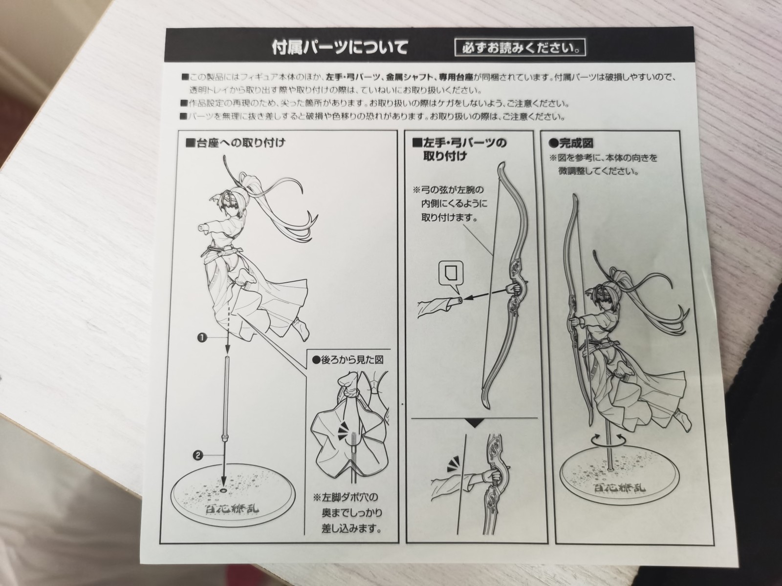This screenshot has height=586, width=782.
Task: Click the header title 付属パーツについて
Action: tap(339, 48)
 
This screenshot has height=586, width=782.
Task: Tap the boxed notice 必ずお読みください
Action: tap(520, 48)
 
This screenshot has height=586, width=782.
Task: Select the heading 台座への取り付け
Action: tap(236, 144)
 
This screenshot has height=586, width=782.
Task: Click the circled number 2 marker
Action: tap(198, 455)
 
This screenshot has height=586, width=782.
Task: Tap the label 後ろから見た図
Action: tap(348, 360)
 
